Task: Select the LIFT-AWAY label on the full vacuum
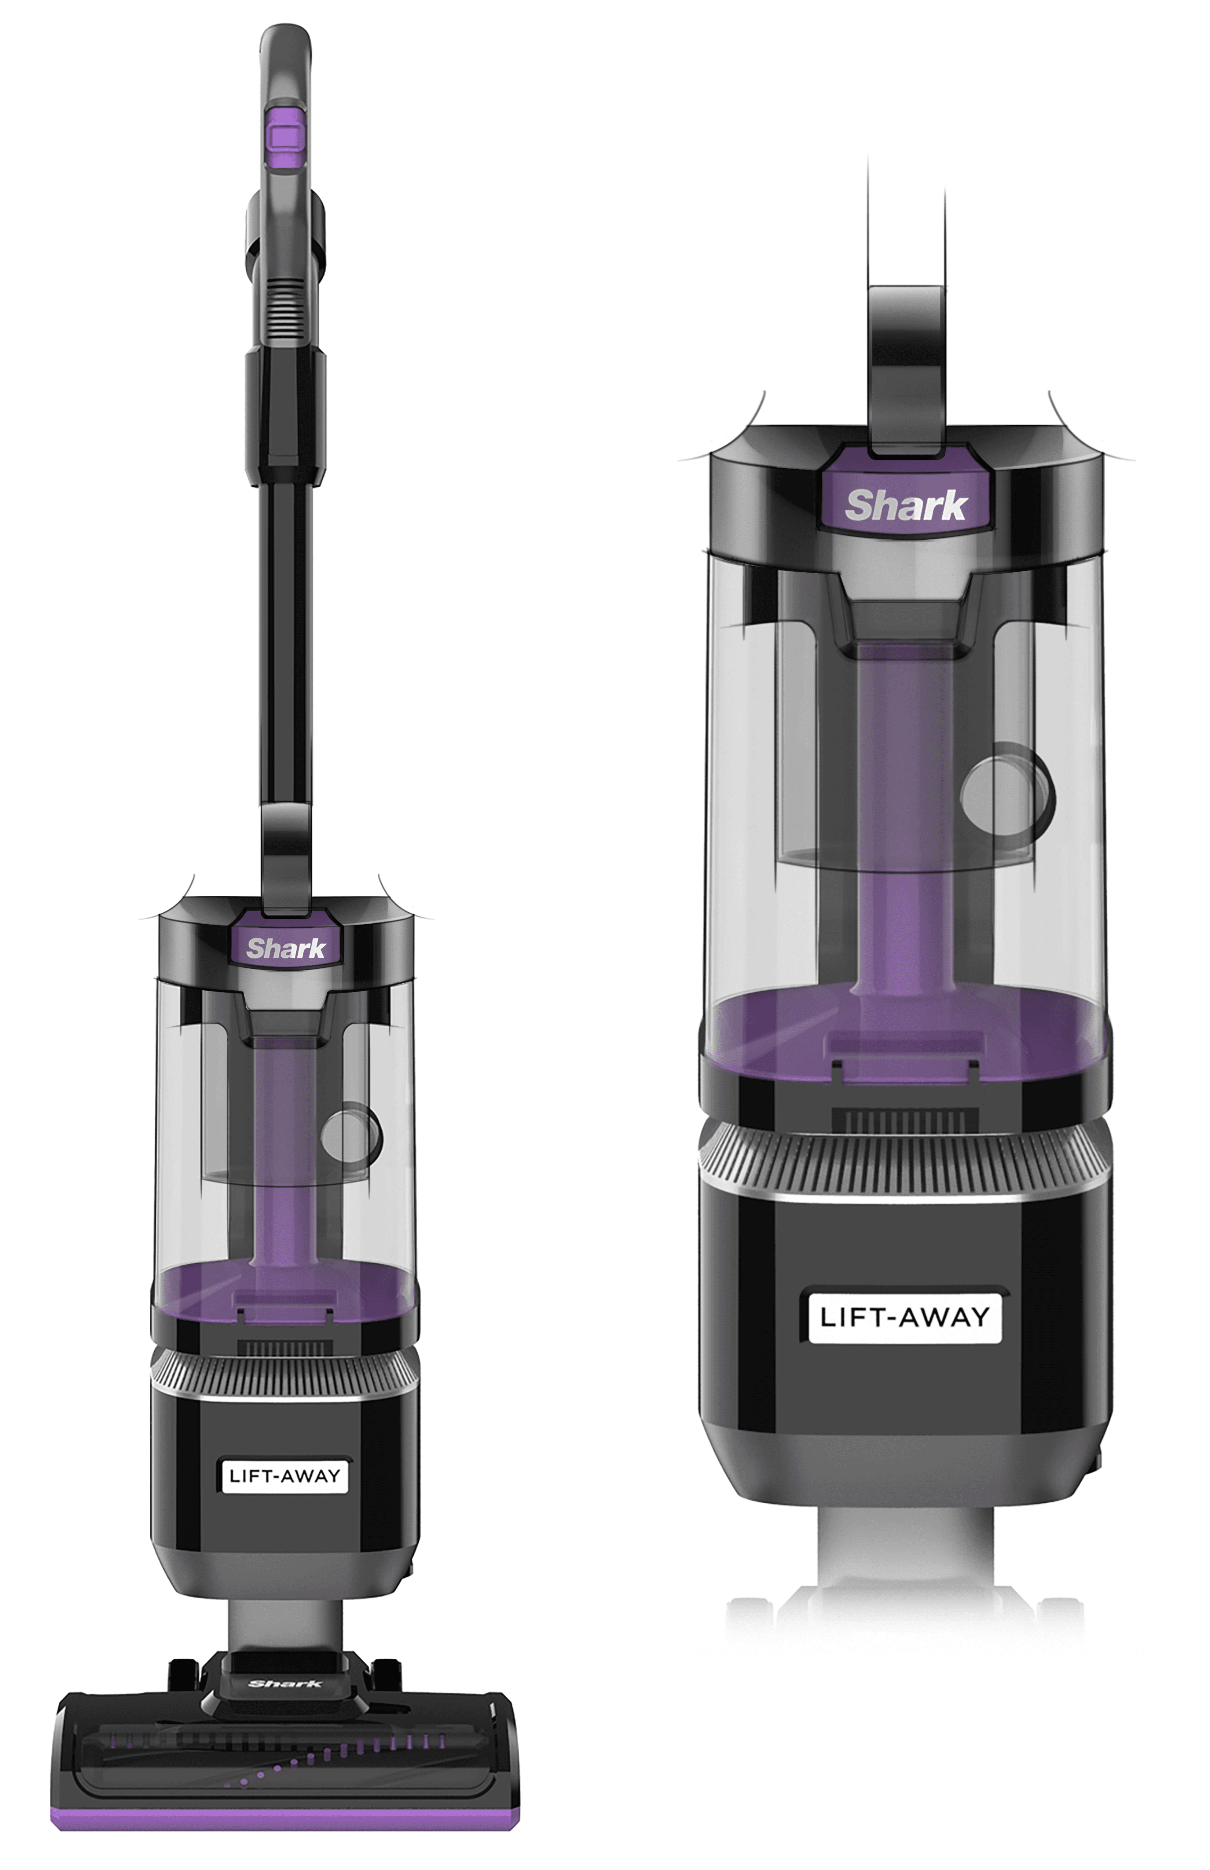[285, 1475]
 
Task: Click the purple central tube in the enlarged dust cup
[905, 825]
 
